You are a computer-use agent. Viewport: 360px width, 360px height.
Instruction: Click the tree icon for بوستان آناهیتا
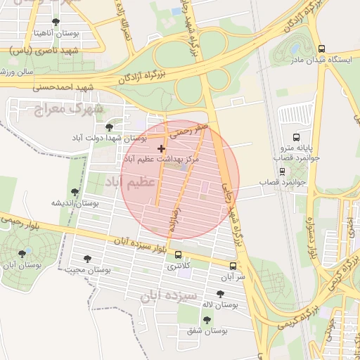point(56,22)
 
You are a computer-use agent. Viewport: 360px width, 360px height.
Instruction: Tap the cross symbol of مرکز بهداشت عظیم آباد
point(162,148)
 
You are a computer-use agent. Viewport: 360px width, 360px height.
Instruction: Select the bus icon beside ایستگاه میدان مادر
point(321,49)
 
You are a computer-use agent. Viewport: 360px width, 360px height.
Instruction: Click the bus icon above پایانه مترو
point(296,137)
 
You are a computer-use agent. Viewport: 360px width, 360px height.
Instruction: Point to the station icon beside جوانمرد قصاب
point(283,171)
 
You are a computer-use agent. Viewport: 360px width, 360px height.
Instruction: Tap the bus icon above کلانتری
point(177,255)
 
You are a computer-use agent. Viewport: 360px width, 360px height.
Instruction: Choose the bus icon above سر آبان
point(233,266)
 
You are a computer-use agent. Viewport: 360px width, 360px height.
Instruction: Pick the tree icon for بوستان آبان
point(22,254)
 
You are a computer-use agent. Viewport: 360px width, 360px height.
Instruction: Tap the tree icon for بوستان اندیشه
point(75,191)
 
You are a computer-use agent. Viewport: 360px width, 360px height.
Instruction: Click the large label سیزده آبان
point(169,295)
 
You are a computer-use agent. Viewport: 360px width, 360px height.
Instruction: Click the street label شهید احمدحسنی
point(70,87)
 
